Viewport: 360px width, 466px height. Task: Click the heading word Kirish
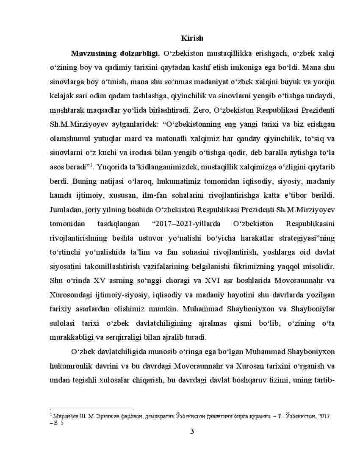tap(192, 38)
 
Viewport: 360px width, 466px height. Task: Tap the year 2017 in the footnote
tap(322, 416)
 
